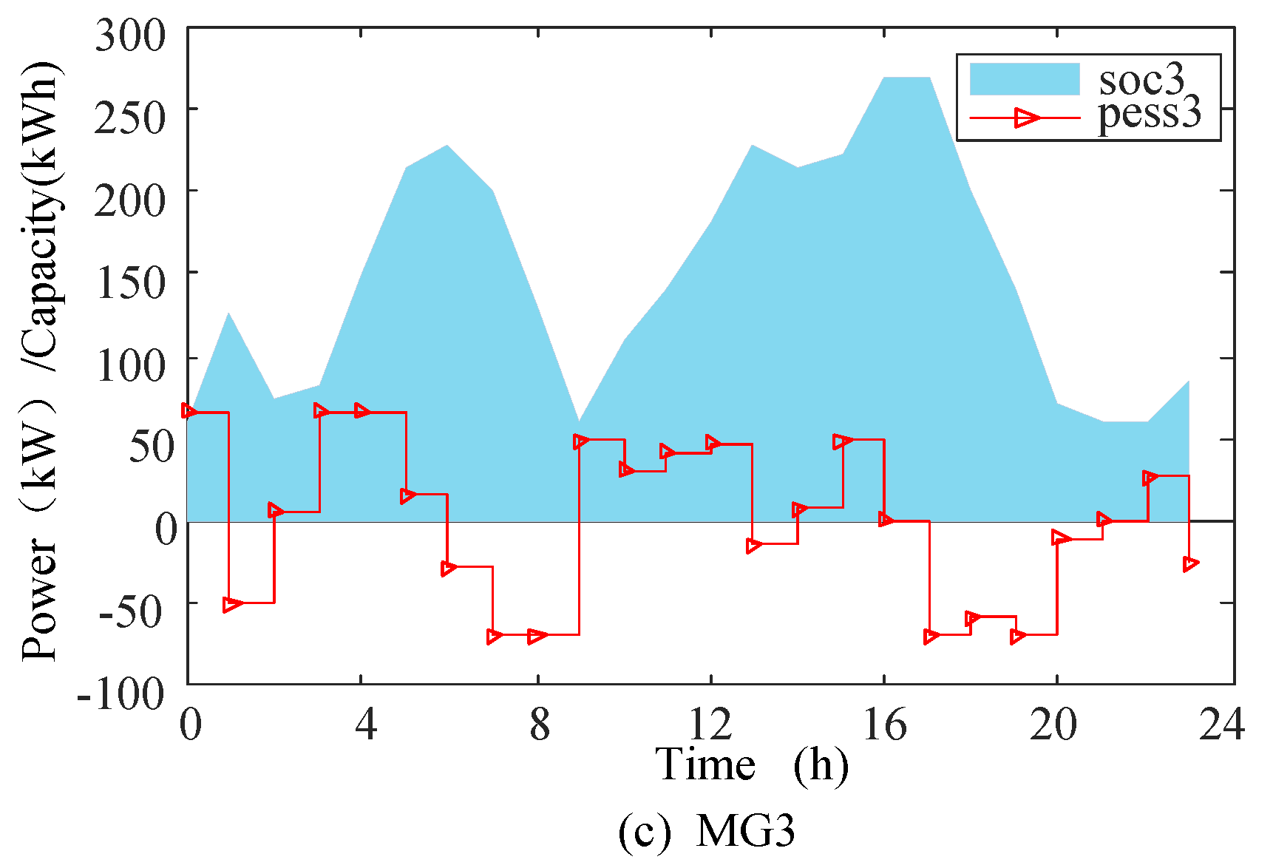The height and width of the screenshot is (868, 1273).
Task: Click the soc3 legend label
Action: pos(1141,79)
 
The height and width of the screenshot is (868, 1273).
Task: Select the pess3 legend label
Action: pos(1149,115)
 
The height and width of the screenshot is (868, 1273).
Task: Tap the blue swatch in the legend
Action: pos(1024,79)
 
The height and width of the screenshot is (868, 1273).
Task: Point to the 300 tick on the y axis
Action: pos(131,35)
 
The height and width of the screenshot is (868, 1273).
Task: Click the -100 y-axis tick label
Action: pos(120,694)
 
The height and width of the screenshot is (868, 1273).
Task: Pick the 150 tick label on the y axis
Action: pos(131,282)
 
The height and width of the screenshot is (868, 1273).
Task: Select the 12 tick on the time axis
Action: pos(710,724)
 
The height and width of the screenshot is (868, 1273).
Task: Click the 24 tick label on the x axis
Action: pos(1221,724)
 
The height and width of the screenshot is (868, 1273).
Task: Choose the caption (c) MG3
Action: pos(707,830)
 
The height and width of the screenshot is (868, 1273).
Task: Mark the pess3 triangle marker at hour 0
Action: pos(189,412)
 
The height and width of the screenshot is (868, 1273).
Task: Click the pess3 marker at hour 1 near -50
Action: pos(231,604)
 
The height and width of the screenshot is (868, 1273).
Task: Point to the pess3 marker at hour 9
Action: pos(581,441)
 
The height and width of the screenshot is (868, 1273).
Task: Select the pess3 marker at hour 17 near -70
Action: pos(931,636)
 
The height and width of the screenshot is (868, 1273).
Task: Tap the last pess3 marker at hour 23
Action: pos(1190,564)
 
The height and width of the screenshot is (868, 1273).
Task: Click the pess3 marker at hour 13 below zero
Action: pos(754,546)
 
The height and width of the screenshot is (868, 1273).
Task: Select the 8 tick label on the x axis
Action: pos(540,724)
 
